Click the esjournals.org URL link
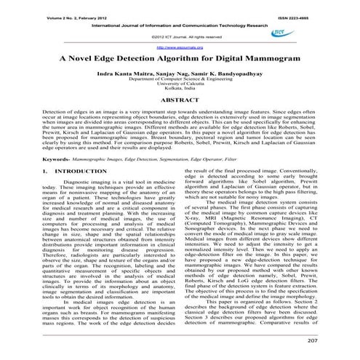[x=179, y=45]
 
